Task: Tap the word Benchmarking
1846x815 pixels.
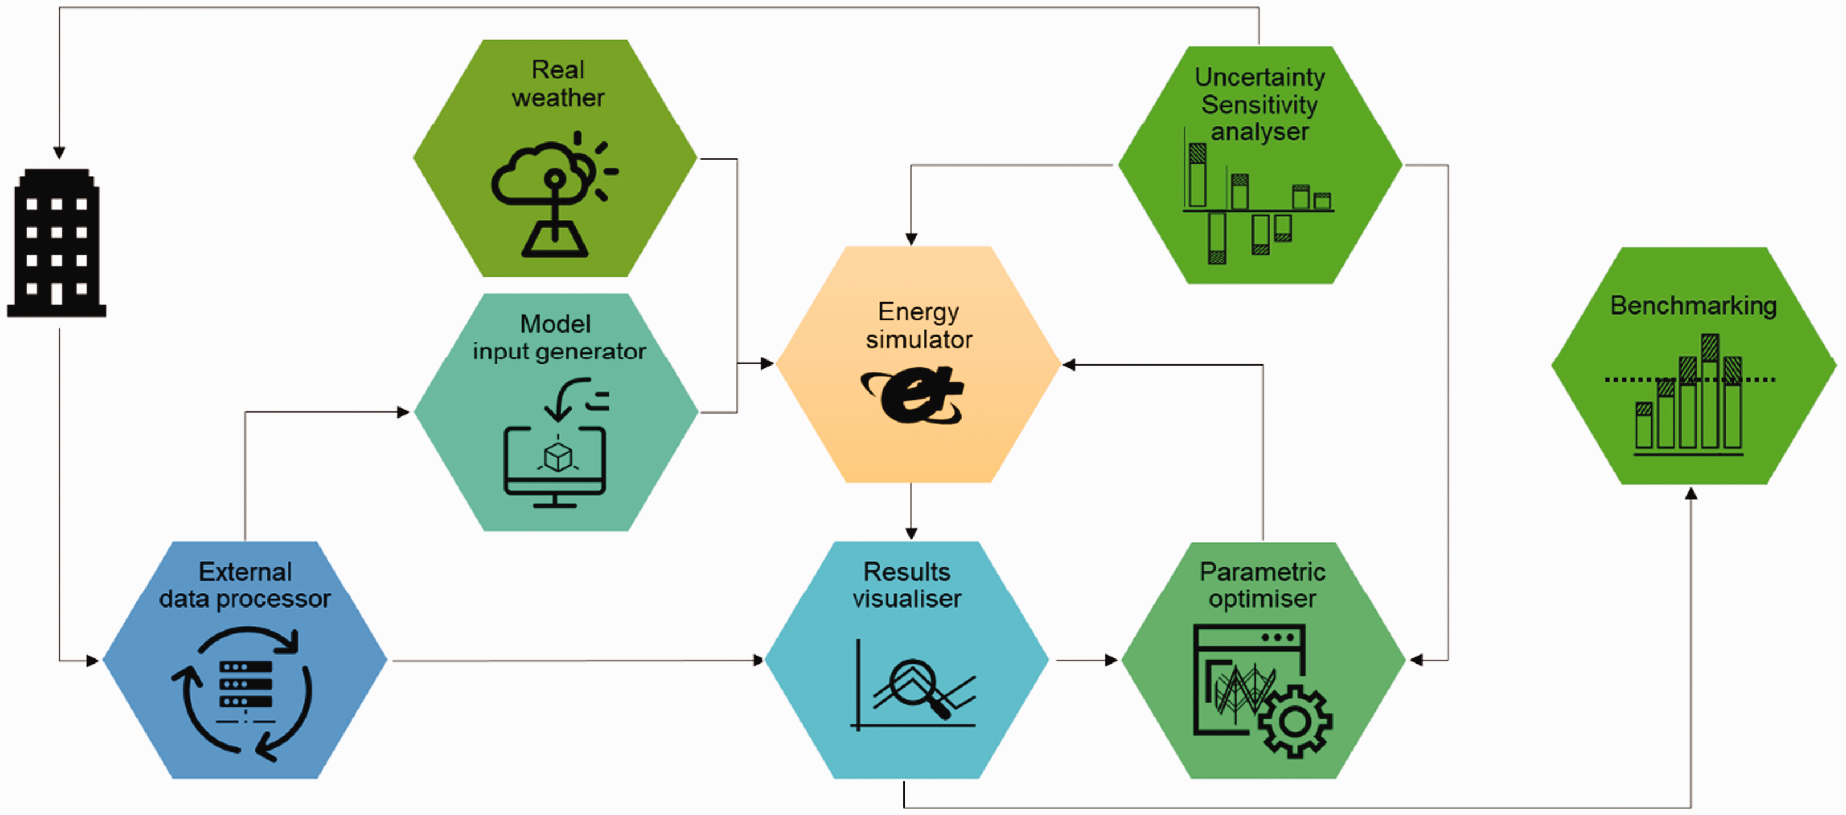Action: pos(1693,306)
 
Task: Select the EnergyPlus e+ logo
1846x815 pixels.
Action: pos(913,395)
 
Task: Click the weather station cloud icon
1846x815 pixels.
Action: pos(554,194)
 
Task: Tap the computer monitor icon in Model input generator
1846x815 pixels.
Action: pos(555,466)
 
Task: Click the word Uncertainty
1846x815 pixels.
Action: pos(1259,77)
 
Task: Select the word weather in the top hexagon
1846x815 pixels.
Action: pos(558,97)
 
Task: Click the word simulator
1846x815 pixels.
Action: pos(919,339)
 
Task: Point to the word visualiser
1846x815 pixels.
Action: pos(907,598)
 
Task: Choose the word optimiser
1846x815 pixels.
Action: pos(1262,598)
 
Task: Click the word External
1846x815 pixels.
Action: pos(245,571)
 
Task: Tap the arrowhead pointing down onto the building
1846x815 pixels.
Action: pos(59,153)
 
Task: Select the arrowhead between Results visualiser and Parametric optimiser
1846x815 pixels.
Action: pos(1112,660)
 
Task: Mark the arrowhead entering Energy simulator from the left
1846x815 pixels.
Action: pos(767,363)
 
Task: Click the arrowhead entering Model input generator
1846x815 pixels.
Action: pos(403,412)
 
